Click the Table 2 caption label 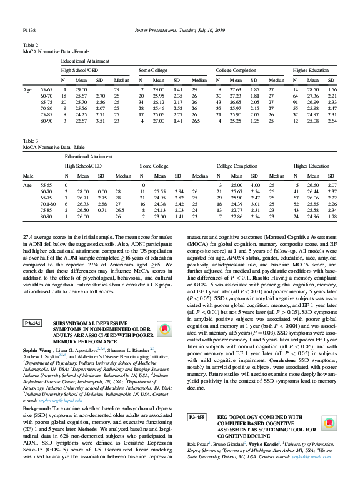[x=31, y=46]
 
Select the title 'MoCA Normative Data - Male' [x=53, y=148]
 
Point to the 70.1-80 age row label [x=49, y=204]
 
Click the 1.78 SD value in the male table [x=332, y=217]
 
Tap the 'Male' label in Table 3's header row [x=29, y=176]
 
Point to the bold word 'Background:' [x=37, y=408]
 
